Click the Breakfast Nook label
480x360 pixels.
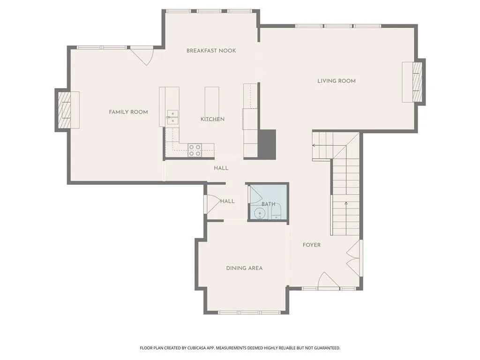click(x=211, y=51)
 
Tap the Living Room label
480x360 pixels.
click(x=337, y=81)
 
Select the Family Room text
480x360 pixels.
click(x=128, y=112)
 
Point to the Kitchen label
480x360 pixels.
click(x=212, y=119)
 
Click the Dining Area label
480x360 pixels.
click(x=244, y=268)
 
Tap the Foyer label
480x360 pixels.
click(x=312, y=245)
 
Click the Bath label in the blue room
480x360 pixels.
click(x=269, y=204)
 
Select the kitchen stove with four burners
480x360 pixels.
click(x=195, y=150)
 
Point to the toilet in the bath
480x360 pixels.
click(x=277, y=212)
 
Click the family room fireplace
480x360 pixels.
click(x=66, y=110)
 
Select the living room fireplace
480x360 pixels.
click(x=414, y=82)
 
